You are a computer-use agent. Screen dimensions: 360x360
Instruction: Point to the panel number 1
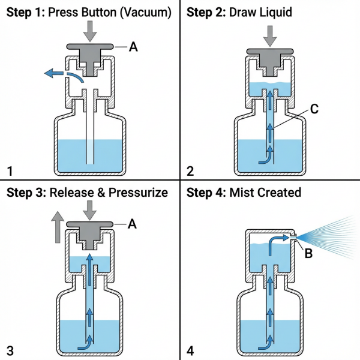pyautogui.click(x=9, y=171)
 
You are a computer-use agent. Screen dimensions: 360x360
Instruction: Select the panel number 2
pyautogui.click(x=190, y=171)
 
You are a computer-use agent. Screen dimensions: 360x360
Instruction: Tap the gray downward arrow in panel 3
pyautogui.click(x=90, y=210)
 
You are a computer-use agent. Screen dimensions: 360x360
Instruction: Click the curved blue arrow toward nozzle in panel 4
pyautogui.click(x=279, y=241)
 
